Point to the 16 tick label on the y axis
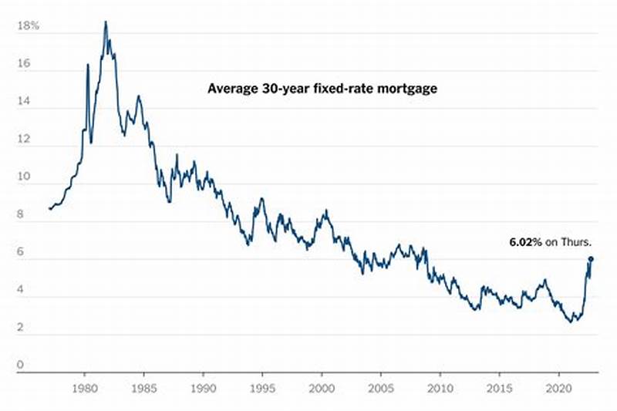24,66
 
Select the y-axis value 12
24,141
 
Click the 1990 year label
203,388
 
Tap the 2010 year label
440,388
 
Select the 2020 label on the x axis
558,388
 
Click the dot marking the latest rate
591,259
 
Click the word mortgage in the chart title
409,89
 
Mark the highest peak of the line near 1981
105,22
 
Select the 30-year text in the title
280,89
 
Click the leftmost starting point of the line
49,208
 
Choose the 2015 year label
499,388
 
